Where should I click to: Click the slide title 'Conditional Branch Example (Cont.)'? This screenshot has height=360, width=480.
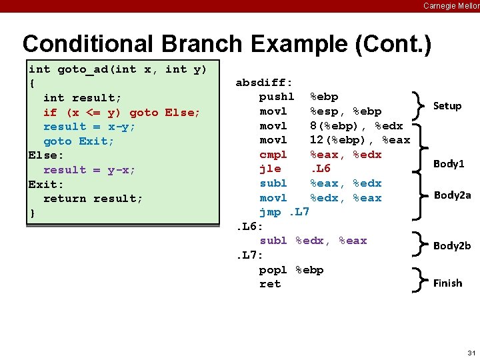227,44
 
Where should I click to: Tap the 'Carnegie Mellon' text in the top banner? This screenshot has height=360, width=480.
451,5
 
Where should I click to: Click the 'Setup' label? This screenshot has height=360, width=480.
447,105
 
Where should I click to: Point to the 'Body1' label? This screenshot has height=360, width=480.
449,163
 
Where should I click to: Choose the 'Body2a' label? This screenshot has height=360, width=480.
452,195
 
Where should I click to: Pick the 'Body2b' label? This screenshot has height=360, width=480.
452,245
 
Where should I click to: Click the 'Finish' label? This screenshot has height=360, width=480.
447,283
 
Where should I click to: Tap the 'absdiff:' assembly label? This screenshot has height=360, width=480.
264,83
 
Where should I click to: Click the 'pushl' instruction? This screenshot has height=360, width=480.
277,97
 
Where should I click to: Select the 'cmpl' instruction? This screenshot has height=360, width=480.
273,154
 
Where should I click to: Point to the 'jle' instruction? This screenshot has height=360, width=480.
270,169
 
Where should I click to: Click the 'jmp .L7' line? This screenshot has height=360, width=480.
285,212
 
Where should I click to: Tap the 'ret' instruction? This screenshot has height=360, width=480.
270,283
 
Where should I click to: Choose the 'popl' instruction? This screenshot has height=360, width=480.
273,269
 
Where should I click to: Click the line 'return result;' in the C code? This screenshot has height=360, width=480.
93,198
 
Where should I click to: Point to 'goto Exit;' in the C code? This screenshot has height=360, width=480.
79,141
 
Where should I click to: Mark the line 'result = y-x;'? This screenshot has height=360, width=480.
89,169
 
